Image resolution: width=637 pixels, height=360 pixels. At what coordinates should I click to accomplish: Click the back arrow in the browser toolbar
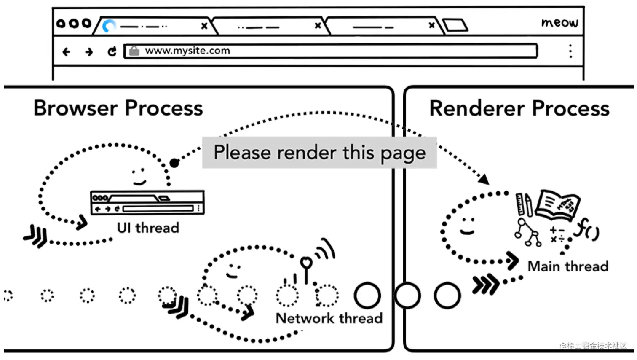(66, 52)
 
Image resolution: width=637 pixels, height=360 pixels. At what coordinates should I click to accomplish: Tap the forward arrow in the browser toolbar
(89, 52)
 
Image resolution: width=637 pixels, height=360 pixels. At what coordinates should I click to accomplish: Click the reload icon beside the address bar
(112, 51)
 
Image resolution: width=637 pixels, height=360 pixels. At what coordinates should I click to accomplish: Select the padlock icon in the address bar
(134, 51)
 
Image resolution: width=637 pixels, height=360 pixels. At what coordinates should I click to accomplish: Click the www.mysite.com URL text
(187, 51)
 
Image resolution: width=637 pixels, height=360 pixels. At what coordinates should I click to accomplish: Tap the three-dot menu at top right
(570, 51)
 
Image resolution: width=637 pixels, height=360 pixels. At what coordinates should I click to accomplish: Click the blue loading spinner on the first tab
(109, 26)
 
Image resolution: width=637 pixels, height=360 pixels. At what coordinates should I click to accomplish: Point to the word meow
(559, 22)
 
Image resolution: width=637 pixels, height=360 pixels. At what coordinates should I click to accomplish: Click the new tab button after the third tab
(455, 25)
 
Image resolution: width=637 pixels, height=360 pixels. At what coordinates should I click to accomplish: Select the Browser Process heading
(118, 108)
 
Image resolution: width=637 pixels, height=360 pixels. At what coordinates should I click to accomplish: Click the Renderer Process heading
(519, 108)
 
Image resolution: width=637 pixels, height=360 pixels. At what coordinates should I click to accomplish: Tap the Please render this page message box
(319, 152)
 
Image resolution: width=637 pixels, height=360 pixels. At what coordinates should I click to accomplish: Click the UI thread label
(148, 228)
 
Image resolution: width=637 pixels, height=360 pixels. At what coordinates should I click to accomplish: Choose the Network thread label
(329, 318)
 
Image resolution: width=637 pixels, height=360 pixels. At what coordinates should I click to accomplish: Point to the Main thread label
(568, 266)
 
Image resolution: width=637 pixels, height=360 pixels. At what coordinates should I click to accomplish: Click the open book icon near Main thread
(558, 204)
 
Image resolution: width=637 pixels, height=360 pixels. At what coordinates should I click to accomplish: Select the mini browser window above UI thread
(147, 202)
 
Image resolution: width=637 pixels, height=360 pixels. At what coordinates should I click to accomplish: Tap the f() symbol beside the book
(587, 228)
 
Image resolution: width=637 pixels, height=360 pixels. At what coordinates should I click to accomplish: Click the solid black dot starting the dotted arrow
(174, 163)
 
